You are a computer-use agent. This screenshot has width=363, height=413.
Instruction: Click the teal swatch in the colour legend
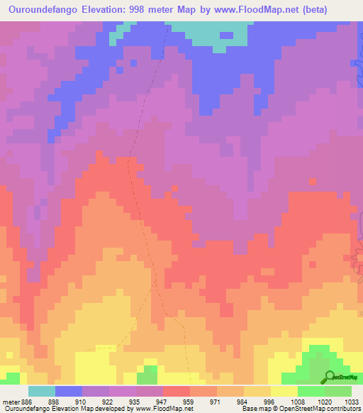point(42,391)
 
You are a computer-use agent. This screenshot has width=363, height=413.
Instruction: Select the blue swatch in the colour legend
point(69,391)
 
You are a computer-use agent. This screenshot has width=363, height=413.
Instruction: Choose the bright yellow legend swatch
point(284,391)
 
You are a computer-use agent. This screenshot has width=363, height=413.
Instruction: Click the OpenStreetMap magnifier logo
point(329,377)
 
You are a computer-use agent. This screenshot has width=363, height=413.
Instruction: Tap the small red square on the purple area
point(312,182)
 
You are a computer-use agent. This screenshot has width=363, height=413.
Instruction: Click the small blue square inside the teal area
point(225,34)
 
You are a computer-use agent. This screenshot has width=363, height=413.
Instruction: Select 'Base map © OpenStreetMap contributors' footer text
point(300,409)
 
